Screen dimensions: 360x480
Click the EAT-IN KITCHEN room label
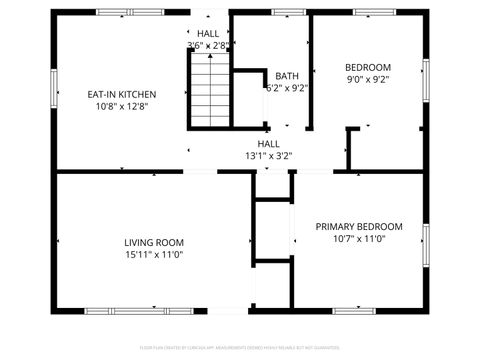click(x=121, y=94)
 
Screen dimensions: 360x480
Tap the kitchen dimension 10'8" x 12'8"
click(x=121, y=106)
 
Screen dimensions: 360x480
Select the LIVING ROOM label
click(x=154, y=242)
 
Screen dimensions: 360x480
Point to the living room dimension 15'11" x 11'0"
click(x=154, y=254)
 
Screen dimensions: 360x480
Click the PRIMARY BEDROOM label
click(x=359, y=227)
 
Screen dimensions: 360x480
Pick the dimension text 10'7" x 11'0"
click(x=359, y=239)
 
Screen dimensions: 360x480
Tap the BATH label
click(x=287, y=76)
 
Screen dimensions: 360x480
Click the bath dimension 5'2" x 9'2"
click(x=287, y=88)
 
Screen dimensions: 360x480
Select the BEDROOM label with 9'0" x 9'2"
click(x=368, y=67)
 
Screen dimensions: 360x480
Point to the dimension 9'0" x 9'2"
click(x=368, y=79)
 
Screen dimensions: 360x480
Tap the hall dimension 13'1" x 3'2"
click(x=269, y=155)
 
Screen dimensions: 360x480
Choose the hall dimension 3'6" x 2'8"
click(x=208, y=45)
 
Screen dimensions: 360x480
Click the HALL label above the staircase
click(x=208, y=33)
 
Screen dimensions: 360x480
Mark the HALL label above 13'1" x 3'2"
click(x=269, y=143)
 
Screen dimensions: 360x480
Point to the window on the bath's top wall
click(x=289, y=12)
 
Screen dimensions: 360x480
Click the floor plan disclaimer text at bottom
click(x=240, y=347)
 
